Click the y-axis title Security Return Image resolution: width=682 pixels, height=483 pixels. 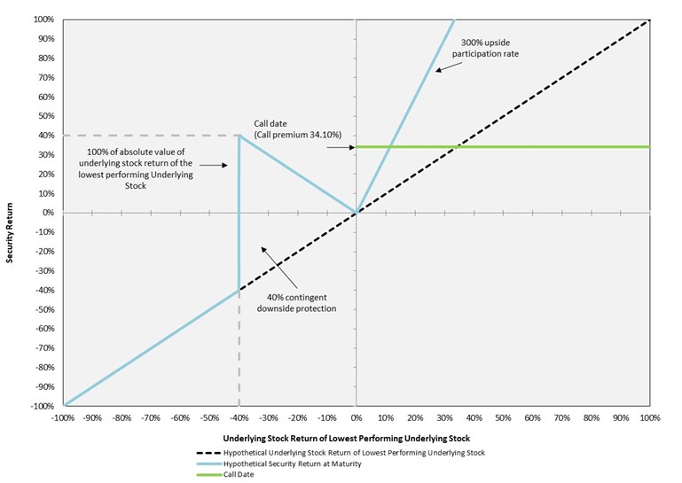pyautogui.click(x=10, y=213)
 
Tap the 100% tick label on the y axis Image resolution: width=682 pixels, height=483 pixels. pyautogui.click(x=41, y=19)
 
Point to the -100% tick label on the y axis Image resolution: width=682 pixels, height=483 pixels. pyautogui.click(x=39, y=406)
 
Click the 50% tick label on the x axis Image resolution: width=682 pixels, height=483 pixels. pyautogui.click(x=503, y=417)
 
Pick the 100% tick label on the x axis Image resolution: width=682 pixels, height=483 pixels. pyautogui.click(x=649, y=417)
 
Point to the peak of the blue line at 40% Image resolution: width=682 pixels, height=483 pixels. pyautogui.click(x=239, y=136)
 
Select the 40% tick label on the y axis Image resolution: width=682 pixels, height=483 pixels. pyautogui.click(x=43, y=136)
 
